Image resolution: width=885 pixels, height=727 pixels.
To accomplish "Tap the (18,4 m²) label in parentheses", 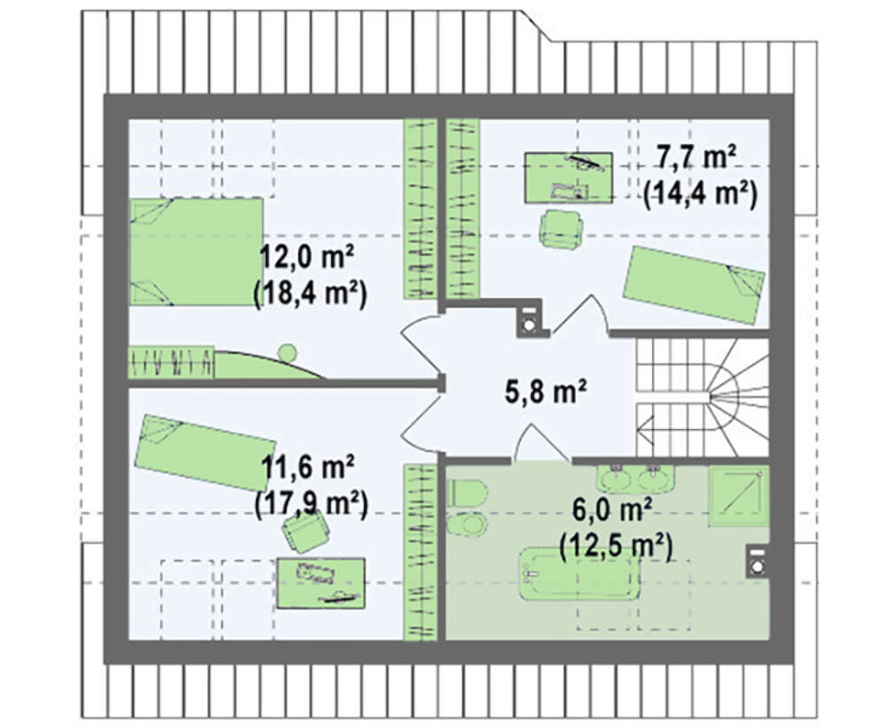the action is pos(311,294).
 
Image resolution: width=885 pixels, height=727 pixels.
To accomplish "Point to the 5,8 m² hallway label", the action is pos(545,391).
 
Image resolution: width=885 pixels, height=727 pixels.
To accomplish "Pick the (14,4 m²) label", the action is pos(700,194).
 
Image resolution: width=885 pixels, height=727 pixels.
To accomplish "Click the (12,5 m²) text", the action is pos(616,546).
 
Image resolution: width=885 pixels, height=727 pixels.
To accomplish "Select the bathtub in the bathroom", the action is pos(579,574).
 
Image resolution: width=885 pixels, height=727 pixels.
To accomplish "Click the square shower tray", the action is pos(739,496).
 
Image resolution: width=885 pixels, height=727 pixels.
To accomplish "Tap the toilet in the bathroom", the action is pos(466,494).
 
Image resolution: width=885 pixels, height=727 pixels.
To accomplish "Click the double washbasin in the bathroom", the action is pos(635,478).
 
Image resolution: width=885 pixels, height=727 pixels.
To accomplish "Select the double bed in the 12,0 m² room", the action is pos(196,251).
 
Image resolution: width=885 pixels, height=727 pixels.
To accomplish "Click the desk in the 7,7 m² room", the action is pos(568,178).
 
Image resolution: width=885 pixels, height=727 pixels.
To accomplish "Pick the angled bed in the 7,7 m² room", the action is pos(694,286).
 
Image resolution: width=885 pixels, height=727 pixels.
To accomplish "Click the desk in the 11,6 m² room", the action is pos(320,584).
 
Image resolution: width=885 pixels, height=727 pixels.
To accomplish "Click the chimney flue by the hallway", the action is pos(530,320).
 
